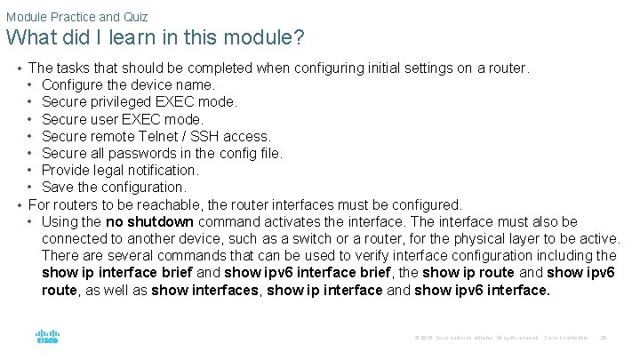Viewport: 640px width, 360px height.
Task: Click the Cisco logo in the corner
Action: pos(47,337)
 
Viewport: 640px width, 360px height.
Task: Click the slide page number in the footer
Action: pos(604,338)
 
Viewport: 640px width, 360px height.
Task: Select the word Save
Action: pos(58,187)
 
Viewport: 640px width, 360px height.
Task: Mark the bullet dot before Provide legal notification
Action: pos(31,170)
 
